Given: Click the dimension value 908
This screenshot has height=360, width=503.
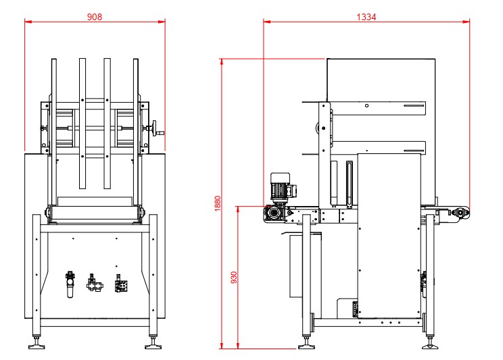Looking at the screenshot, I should click(95, 17).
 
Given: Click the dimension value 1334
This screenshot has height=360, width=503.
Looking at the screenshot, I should click(367, 16).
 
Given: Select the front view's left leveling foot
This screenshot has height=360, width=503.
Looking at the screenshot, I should click(37, 346).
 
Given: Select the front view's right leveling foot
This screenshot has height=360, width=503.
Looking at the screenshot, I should click(153, 346).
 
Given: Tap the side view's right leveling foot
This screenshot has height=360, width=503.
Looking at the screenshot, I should click(429, 345).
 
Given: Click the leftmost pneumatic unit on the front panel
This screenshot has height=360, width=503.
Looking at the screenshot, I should click(68, 284).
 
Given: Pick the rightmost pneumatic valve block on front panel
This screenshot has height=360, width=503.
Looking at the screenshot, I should click(121, 284).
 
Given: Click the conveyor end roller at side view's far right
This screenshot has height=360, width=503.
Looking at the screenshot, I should click(462, 213).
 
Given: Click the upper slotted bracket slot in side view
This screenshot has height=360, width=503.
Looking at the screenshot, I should click(413, 107).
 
